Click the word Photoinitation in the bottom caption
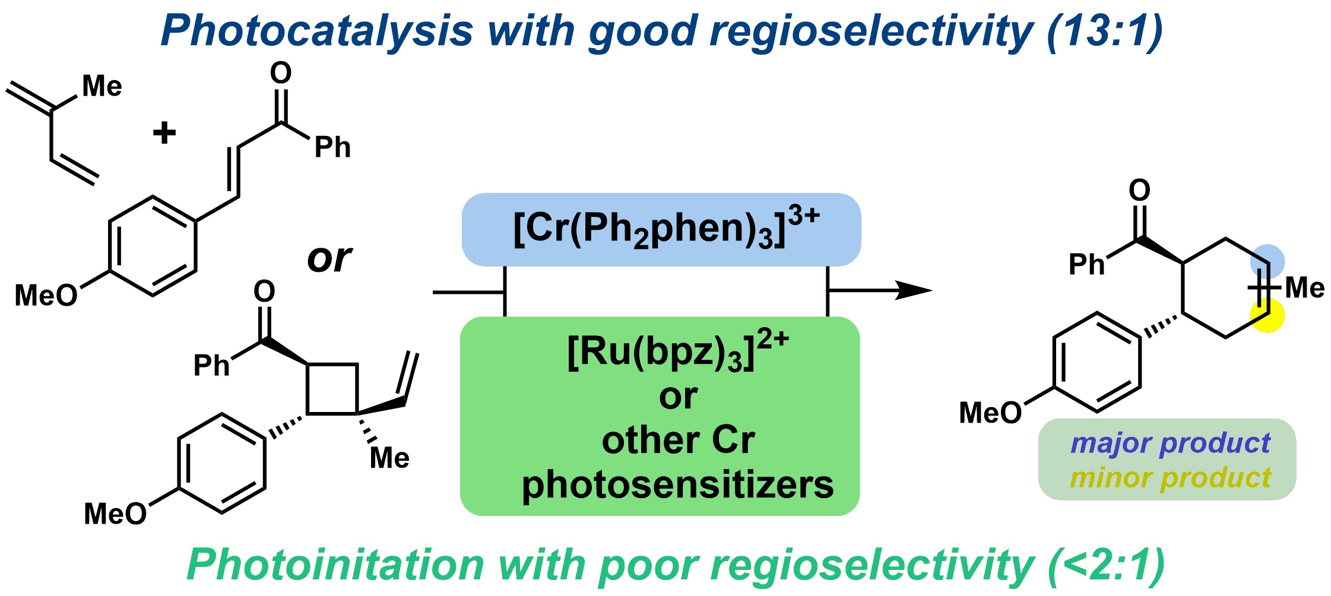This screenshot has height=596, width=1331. (x=335, y=565)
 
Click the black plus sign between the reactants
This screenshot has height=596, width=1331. (x=164, y=132)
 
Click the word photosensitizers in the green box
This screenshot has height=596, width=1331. (x=677, y=485)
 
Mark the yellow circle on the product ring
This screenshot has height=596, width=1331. (x=1267, y=315)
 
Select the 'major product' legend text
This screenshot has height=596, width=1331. (x=1170, y=443)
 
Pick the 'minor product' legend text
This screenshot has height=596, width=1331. (x=1170, y=478)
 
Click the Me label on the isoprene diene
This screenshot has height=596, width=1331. (x=102, y=87)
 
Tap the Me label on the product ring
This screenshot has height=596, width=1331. (x=1304, y=289)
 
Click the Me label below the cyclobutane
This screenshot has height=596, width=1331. (x=389, y=458)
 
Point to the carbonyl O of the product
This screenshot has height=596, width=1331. (x=1139, y=191)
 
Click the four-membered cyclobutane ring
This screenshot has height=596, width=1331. (x=332, y=389)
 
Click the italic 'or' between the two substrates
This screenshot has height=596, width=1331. (x=329, y=259)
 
